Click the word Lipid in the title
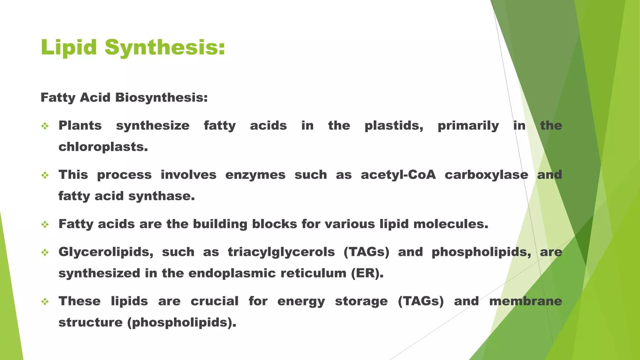(69, 47)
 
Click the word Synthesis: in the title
(165, 47)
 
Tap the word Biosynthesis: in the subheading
(161, 97)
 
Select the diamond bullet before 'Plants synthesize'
(45, 126)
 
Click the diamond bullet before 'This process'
(45, 175)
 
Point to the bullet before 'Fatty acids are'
(45, 224)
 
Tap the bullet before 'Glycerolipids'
(45, 252)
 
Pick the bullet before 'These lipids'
(45, 302)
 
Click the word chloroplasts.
(103, 147)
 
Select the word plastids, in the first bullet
(394, 126)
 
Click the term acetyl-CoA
(398, 175)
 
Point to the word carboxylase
(486, 175)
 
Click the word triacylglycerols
(281, 252)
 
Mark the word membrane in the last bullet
(526, 301)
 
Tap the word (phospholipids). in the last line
(182, 322)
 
